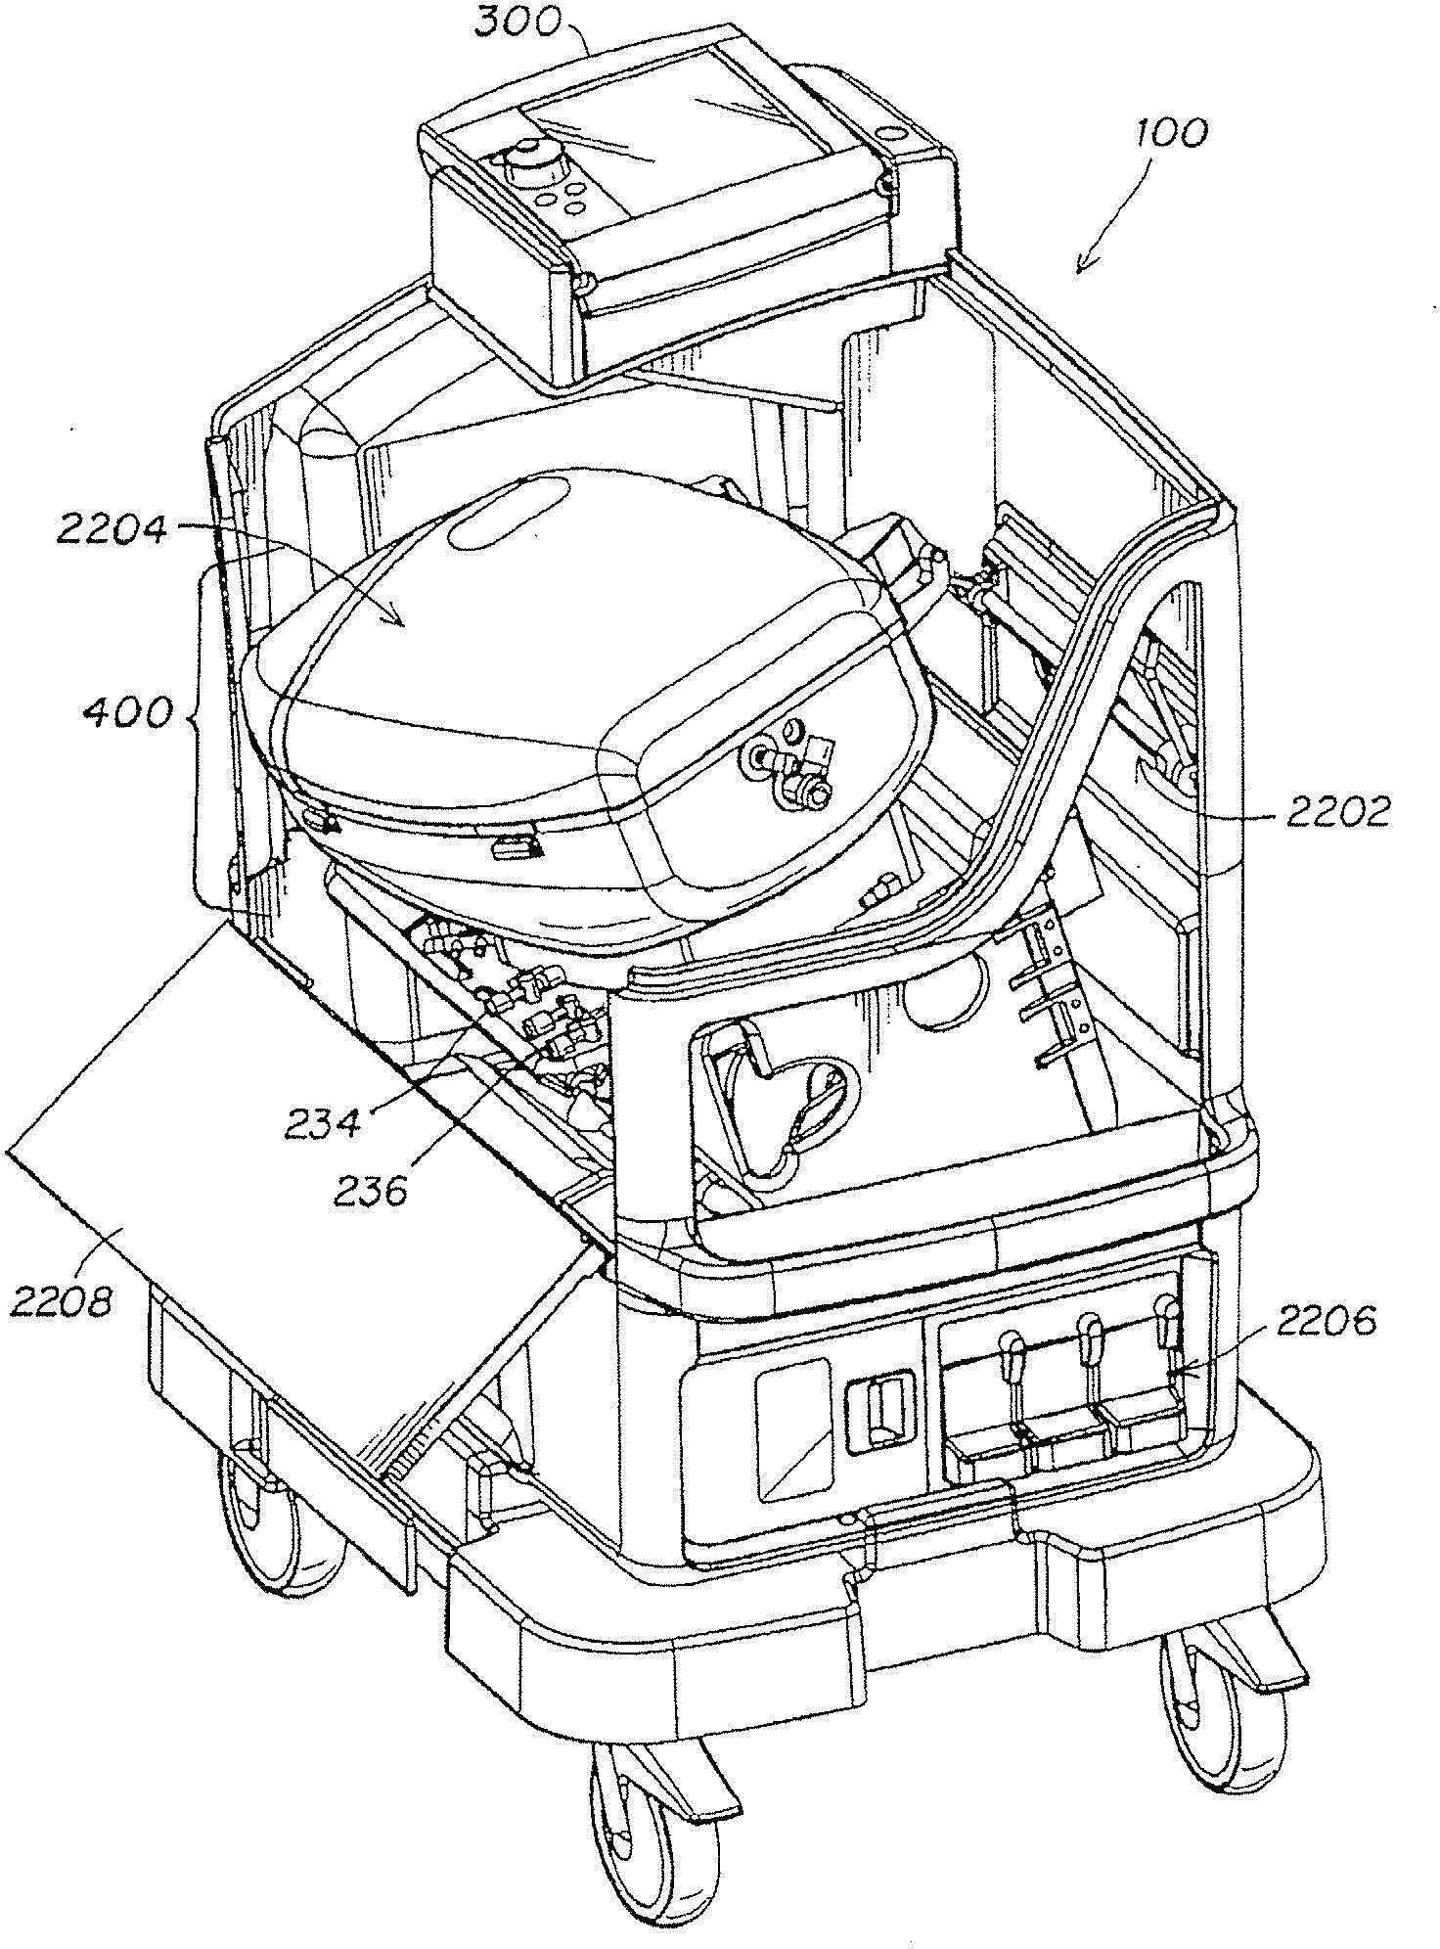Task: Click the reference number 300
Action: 517,21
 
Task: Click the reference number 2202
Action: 1337,811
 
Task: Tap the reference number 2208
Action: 62,1301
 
